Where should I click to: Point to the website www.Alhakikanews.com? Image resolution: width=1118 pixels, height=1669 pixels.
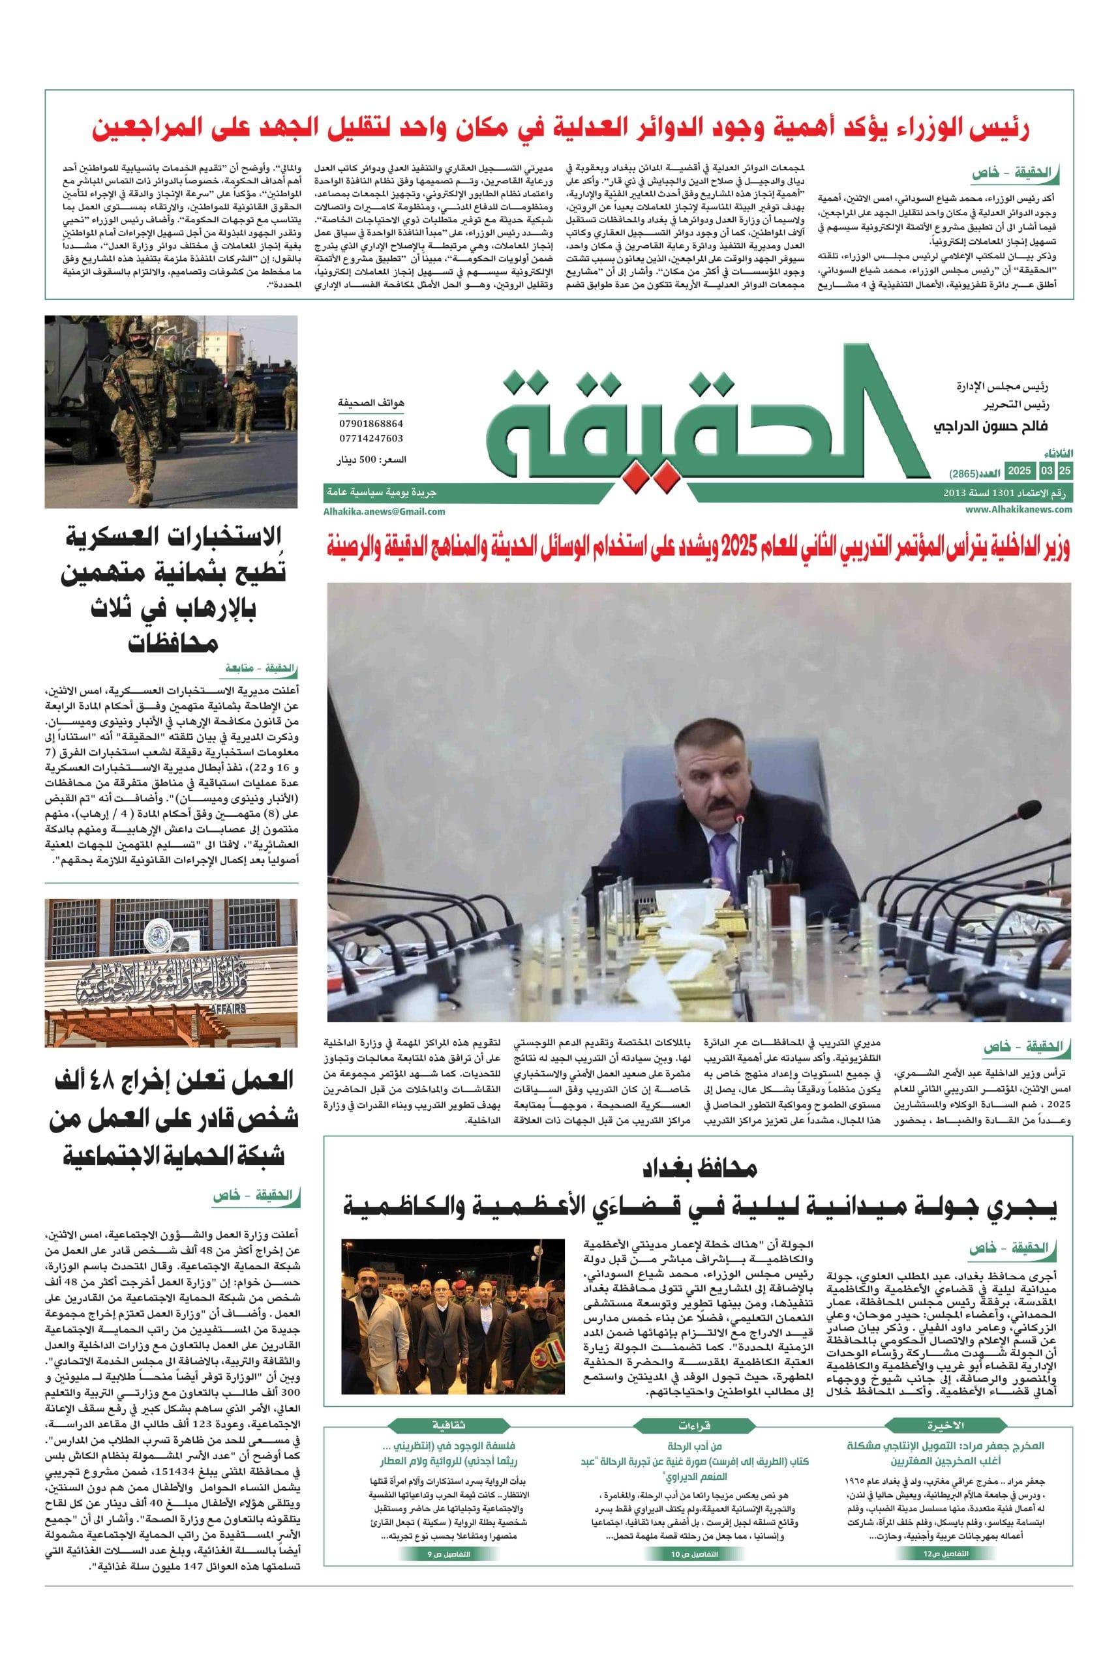click(x=1019, y=509)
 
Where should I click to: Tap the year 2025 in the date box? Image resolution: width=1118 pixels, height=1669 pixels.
click(x=1019, y=471)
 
